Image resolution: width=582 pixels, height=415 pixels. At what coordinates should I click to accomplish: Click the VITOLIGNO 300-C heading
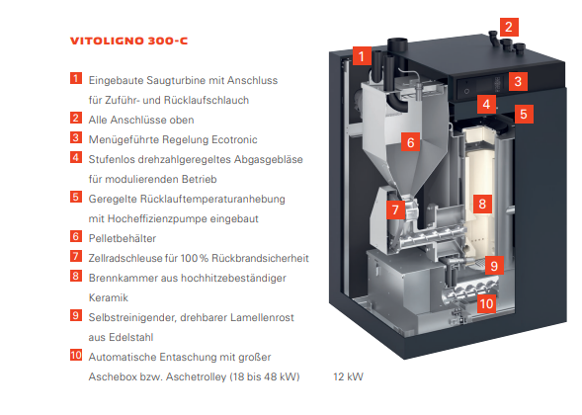click(x=128, y=41)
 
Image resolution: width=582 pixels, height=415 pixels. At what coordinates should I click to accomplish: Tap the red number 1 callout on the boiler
click(x=362, y=56)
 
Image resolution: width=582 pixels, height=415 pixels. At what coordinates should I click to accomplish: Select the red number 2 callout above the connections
click(x=509, y=27)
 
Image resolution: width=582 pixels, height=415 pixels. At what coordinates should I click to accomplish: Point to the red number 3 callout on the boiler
click(x=518, y=81)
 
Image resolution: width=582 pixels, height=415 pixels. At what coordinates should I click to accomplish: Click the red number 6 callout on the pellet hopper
click(x=410, y=142)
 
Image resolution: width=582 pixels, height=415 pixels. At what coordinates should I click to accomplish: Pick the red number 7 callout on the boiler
click(x=395, y=209)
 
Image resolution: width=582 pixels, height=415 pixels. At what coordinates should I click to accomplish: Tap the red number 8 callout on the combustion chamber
click(x=482, y=204)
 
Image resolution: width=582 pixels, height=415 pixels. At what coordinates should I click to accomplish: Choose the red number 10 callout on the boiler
click(x=486, y=303)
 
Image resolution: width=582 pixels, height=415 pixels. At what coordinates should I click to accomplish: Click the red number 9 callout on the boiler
click(x=494, y=265)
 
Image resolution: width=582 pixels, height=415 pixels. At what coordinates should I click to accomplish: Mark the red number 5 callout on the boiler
click(x=524, y=114)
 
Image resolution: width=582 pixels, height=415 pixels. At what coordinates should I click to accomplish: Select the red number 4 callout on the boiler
click(x=486, y=104)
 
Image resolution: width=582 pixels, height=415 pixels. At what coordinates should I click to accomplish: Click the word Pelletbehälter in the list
click(x=123, y=238)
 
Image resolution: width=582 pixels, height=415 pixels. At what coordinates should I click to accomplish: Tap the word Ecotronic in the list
click(x=234, y=139)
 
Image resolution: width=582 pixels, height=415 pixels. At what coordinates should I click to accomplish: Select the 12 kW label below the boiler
click(x=348, y=376)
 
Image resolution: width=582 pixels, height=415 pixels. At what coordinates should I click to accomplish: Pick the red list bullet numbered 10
click(x=76, y=355)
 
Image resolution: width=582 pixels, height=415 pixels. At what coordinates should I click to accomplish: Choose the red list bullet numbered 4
click(x=76, y=157)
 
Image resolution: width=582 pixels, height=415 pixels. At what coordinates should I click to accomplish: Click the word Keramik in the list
click(x=109, y=297)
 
